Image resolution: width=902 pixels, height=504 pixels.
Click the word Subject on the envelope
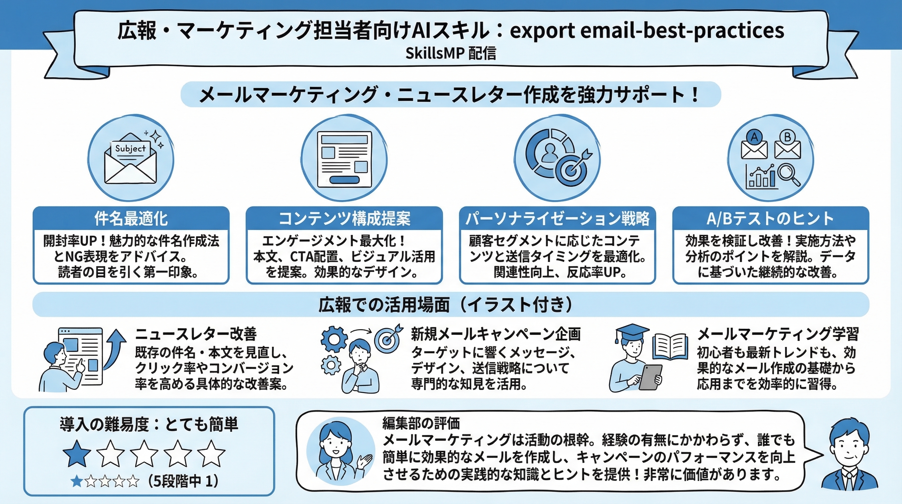coord(130,149)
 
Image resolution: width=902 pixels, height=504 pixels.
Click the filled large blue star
coord(77,453)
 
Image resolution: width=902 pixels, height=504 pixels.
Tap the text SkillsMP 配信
coord(451,53)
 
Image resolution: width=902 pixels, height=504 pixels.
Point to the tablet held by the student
coord(651,377)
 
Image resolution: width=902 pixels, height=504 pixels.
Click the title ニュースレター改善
coord(196,334)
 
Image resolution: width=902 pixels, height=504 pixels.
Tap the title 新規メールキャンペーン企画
coord(496,334)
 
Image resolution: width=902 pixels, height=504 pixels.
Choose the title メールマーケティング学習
coord(778,334)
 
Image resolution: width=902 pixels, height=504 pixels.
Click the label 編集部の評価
coord(421,423)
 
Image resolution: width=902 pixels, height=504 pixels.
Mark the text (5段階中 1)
coord(183,481)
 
